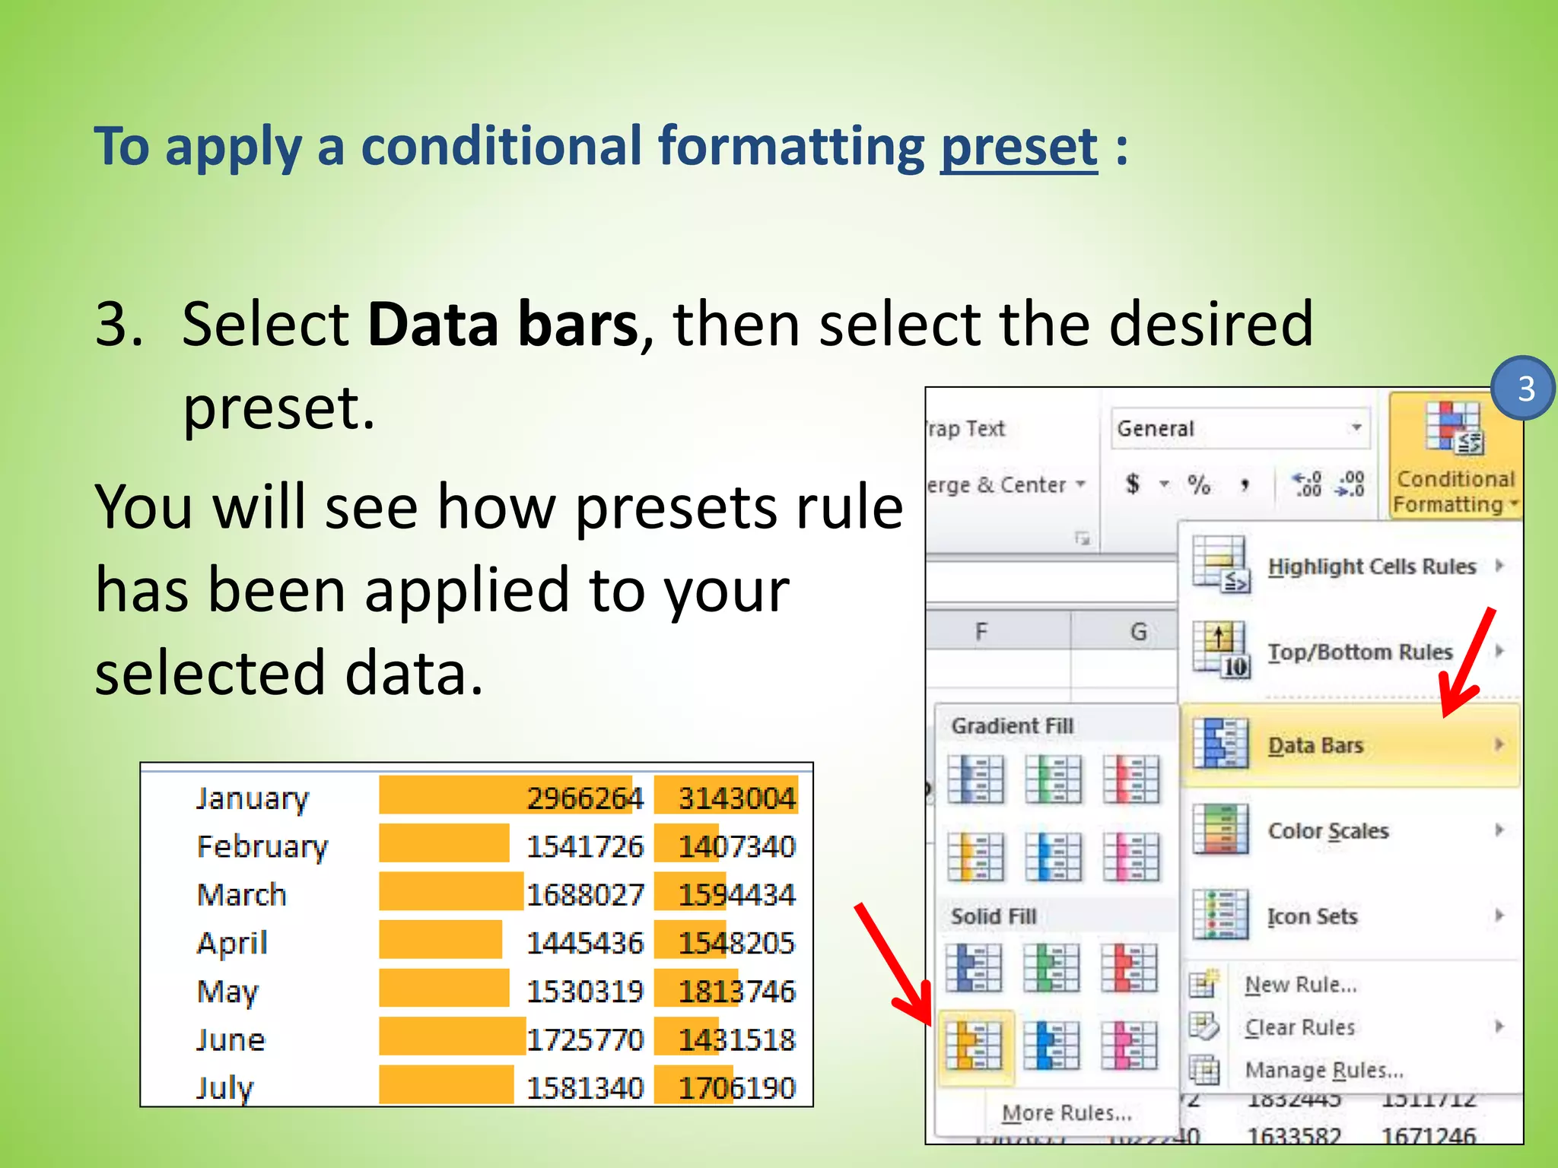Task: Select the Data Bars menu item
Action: (x=1315, y=745)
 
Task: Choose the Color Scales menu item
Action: (x=1327, y=830)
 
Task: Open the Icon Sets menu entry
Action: (x=1312, y=916)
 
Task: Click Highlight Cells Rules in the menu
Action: (x=1371, y=567)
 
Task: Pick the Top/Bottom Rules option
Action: (x=1359, y=652)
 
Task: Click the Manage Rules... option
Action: (x=1323, y=1070)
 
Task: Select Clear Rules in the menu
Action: (x=1299, y=1027)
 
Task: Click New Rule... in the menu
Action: (x=1300, y=985)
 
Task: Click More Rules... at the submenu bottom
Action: (x=1067, y=1113)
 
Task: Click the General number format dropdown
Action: (x=1239, y=428)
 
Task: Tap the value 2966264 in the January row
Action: (x=584, y=798)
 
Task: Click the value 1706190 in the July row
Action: (x=736, y=1088)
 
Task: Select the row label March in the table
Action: (x=241, y=895)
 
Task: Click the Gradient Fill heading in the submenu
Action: (x=1012, y=726)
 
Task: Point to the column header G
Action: (x=1138, y=632)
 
